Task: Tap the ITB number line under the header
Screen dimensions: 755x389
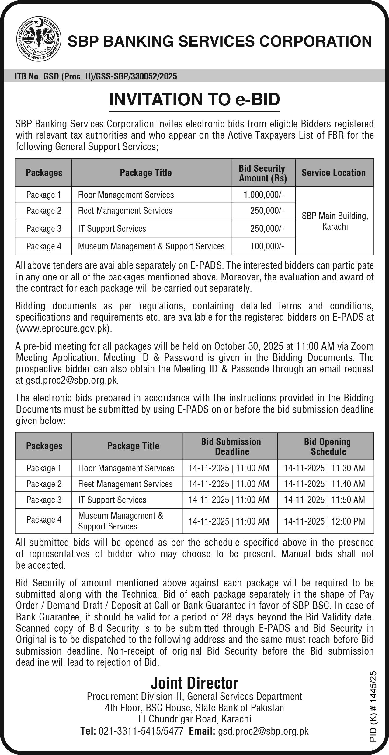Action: [96, 76]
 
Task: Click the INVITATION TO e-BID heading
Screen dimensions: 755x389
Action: [194, 99]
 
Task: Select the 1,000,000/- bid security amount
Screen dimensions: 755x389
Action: [264, 195]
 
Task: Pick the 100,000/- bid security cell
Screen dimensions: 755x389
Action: [267, 246]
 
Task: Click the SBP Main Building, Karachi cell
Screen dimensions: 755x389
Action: [335, 221]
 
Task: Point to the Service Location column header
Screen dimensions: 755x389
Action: [334, 173]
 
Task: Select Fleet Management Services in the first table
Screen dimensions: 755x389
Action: [125, 211]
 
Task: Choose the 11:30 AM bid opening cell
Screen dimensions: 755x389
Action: [325, 468]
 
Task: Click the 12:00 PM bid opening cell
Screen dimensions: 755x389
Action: [325, 521]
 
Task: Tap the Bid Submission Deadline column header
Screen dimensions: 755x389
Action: [231, 446]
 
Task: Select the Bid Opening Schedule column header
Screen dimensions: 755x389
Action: [327, 446]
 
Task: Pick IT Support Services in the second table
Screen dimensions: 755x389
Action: [112, 500]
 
